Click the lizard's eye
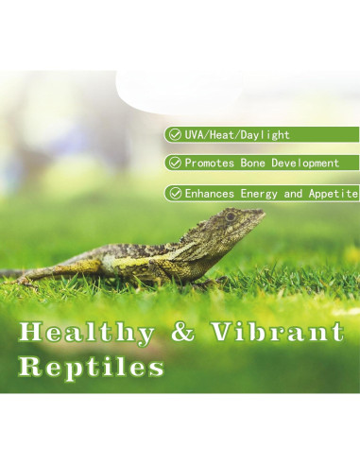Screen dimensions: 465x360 (231, 216)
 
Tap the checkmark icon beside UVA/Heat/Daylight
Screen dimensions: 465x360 (174, 135)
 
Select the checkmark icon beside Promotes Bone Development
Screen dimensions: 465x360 (174, 164)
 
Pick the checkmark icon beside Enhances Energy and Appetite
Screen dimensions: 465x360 (174, 193)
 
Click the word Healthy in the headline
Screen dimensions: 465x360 (86, 334)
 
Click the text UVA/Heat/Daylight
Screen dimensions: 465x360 (236, 135)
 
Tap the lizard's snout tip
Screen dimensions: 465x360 (262, 213)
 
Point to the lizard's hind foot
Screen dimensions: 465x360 (28, 278)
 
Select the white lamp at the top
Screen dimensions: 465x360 (236, 90)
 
